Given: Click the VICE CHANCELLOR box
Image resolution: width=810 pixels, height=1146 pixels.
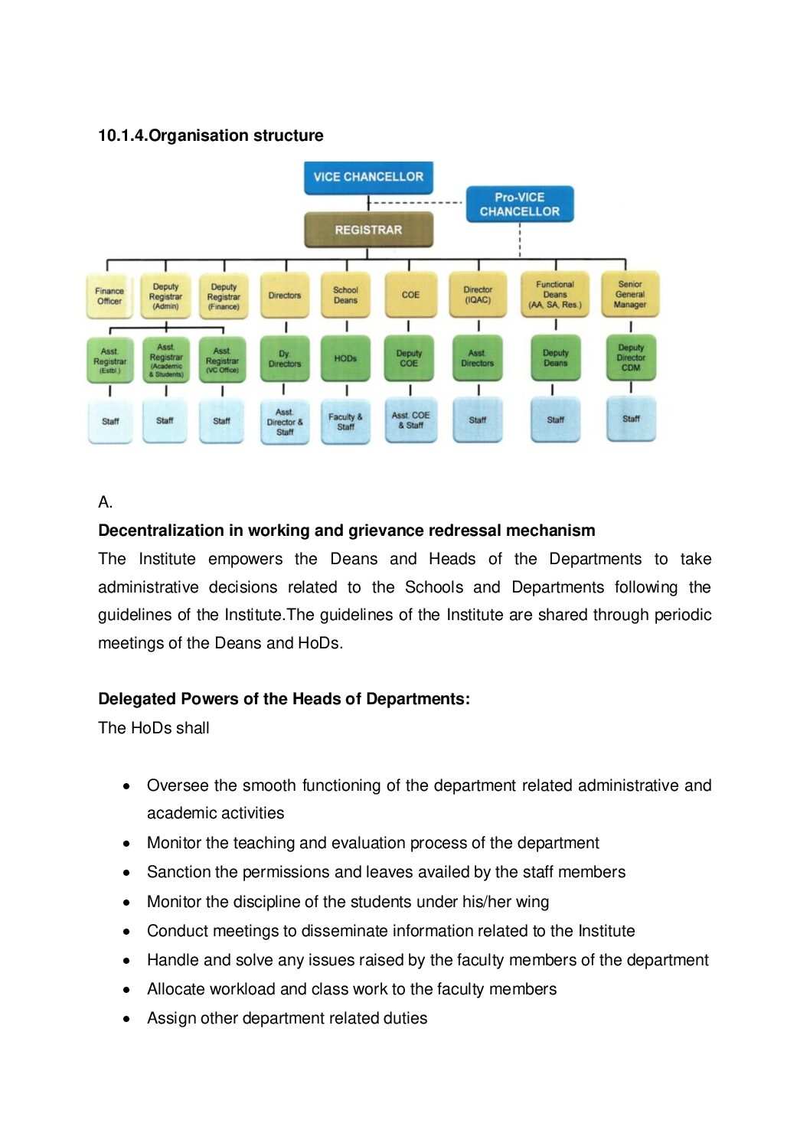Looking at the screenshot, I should click(368, 177).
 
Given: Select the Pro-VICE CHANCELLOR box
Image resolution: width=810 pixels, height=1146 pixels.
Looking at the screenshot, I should click(519, 204).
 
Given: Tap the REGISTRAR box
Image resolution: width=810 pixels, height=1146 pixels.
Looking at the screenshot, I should click(368, 230).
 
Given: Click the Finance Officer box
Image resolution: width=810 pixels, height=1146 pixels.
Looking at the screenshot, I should click(109, 296).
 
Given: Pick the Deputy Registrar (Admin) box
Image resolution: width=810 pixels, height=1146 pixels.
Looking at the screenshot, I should click(165, 296).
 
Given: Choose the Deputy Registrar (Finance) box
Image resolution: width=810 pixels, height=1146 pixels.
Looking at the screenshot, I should click(224, 296).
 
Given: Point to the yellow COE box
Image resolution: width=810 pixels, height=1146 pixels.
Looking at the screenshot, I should click(410, 295).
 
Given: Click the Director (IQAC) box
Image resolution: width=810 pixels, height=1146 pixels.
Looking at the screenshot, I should click(478, 295).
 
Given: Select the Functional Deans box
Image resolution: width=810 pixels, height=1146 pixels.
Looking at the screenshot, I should click(555, 295).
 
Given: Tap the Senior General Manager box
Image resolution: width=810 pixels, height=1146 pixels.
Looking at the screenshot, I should click(630, 294).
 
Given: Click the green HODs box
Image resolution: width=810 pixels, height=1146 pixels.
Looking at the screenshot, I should click(345, 358).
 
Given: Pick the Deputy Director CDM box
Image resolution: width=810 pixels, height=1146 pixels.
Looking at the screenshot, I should click(631, 358).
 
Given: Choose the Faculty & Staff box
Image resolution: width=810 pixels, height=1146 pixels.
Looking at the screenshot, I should click(345, 422).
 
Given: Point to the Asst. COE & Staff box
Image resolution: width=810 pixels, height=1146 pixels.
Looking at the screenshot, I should click(410, 420).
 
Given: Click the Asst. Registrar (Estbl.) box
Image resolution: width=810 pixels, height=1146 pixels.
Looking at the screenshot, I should click(110, 361).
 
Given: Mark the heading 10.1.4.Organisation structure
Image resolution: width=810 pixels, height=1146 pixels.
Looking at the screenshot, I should click(211, 135).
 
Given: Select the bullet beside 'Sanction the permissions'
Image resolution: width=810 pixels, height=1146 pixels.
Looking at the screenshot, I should click(126, 873).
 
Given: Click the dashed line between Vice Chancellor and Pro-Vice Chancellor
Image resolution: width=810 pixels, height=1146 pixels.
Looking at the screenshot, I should click(417, 203).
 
